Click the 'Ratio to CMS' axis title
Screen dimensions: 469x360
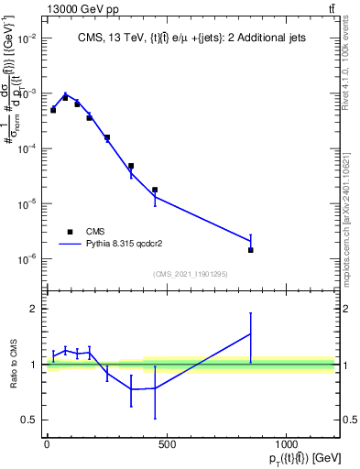[14, 364]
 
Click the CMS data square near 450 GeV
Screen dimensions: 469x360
[155, 190]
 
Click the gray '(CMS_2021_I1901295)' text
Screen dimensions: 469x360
[190, 274]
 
